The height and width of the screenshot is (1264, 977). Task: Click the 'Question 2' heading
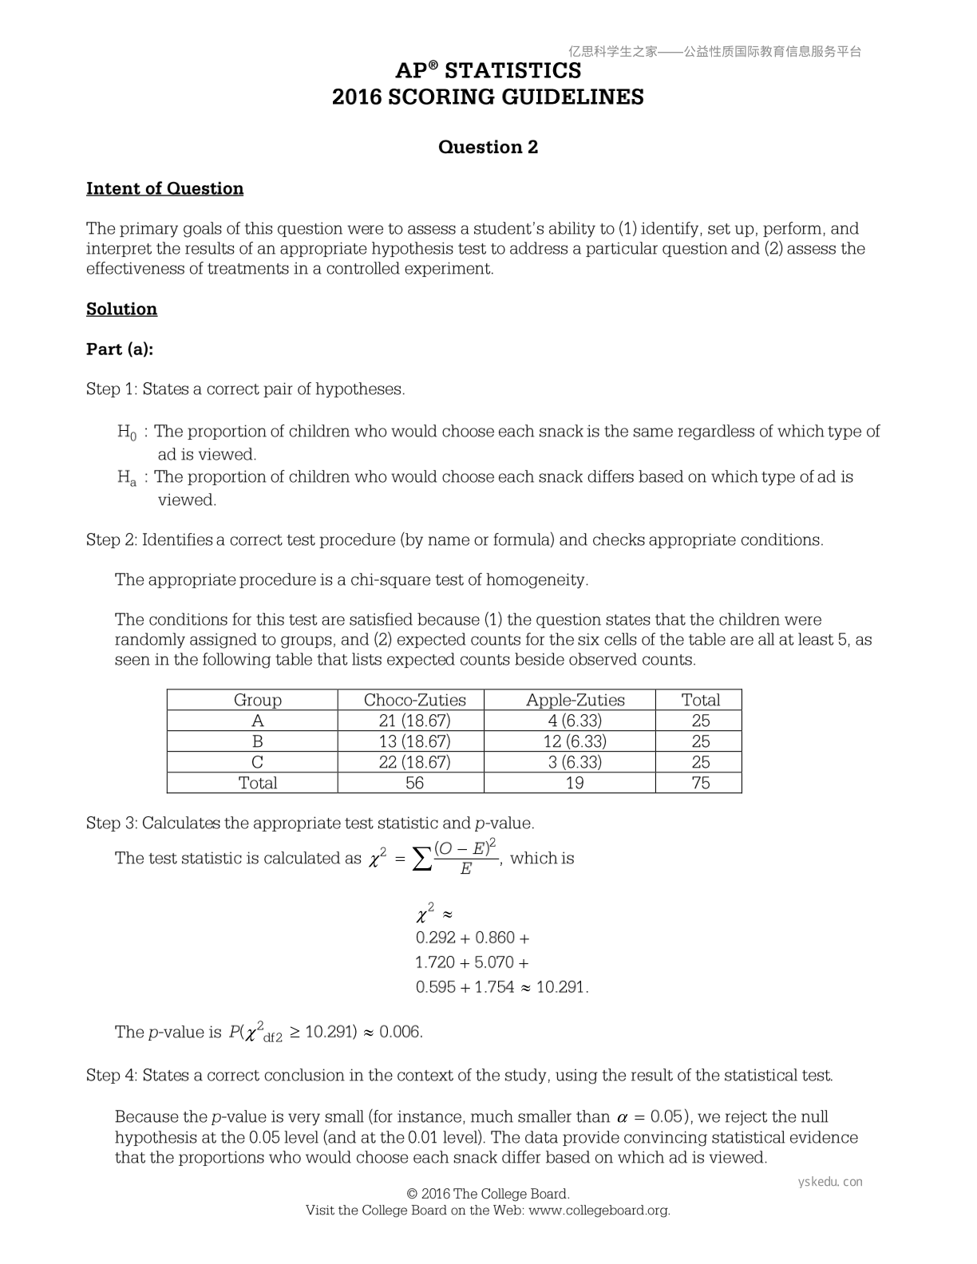point(488,147)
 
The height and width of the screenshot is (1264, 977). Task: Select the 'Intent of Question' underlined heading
point(164,188)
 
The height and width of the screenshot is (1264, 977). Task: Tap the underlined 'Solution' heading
point(121,309)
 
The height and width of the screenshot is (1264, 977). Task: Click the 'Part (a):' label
point(119,349)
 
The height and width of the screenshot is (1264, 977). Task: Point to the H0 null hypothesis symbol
point(127,433)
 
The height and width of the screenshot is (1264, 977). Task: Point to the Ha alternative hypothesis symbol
point(127,478)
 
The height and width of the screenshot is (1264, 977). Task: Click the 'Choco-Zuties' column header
point(414,700)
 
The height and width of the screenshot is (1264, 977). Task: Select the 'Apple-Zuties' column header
point(575,700)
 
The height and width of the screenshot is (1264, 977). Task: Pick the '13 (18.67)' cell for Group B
point(414,741)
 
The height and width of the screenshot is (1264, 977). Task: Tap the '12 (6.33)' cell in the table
point(575,741)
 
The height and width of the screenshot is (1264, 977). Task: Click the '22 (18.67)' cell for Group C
point(414,762)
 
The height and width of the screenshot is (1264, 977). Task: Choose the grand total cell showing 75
point(700,783)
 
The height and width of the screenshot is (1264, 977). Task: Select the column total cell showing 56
point(414,783)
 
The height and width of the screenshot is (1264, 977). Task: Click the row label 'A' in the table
point(257,721)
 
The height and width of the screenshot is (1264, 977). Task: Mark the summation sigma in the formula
point(421,859)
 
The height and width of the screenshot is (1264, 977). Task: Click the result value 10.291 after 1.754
point(560,987)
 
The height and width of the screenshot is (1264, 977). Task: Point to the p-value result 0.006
point(399,1032)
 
